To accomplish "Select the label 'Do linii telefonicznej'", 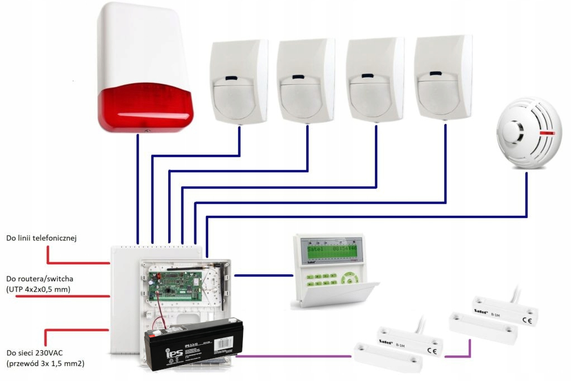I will point(41,238).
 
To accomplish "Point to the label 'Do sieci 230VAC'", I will point(34,353).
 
